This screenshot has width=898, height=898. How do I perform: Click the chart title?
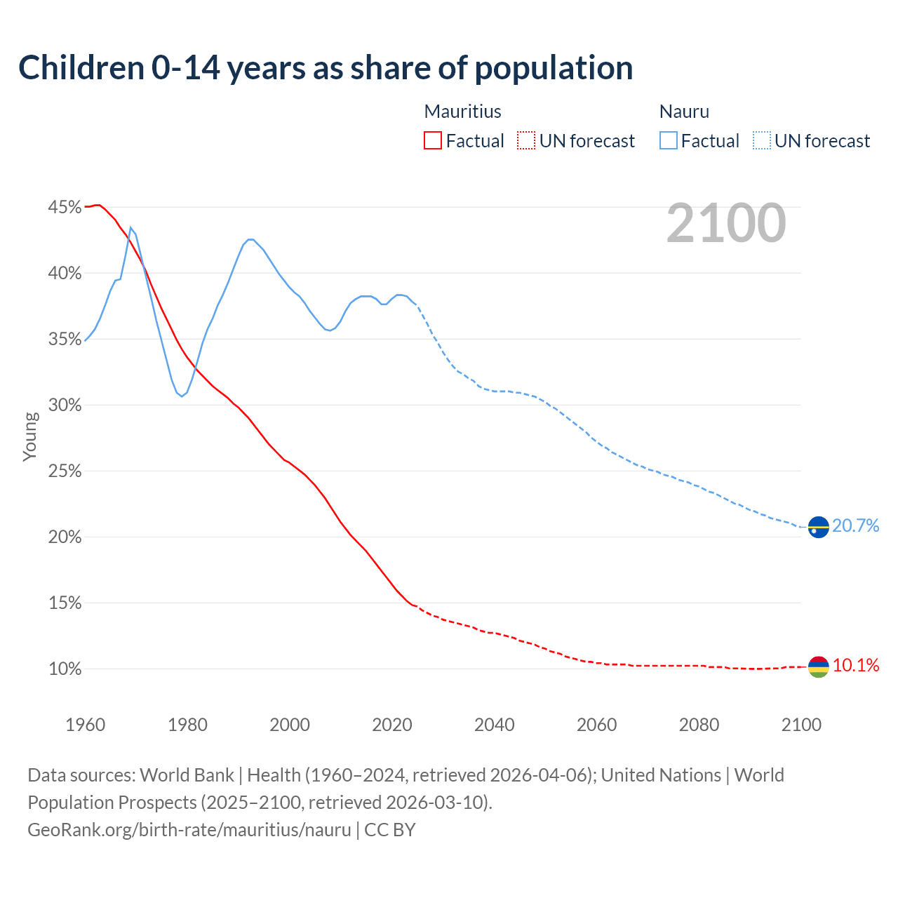pyautogui.click(x=326, y=68)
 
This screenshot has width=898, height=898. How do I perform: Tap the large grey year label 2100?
pyautogui.click(x=725, y=223)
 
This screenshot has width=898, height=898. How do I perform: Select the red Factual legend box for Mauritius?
pyautogui.click(x=433, y=141)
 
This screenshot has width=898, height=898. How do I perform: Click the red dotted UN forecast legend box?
pyautogui.click(x=526, y=141)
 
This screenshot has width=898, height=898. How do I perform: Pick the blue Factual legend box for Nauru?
pyautogui.click(x=668, y=141)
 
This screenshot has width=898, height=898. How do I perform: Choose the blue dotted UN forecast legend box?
pyautogui.click(x=761, y=141)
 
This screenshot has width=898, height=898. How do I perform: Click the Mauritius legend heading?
pyautogui.click(x=462, y=112)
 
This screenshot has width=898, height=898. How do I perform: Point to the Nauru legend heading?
pyautogui.click(x=684, y=112)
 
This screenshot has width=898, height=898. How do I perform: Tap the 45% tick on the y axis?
pyautogui.click(x=65, y=208)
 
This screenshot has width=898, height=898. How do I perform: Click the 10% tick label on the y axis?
pyautogui.click(x=65, y=669)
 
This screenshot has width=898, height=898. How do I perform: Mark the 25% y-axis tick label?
pyautogui.click(x=65, y=471)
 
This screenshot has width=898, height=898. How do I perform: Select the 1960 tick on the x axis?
pyautogui.click(x=85, y=725)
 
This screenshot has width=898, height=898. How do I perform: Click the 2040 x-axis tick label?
pyautogui.click(x=494, y=725)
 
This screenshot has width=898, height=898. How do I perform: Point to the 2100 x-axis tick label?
pyautogui.click(x=800, y=725)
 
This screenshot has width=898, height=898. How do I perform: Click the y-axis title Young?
pyautogui.click(x=30, y=436)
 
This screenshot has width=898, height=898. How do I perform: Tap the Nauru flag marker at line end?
pyautogui.click(x=818, y=527)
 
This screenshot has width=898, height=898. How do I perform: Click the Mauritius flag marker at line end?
pyautogui.click(x=818, y=666)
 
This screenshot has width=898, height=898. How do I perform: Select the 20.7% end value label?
pyautogui.click(x=855, y=526)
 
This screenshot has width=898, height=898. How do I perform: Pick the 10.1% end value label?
pyautogui.click(x=855, y=666)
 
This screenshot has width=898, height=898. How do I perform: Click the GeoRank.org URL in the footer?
pyautogui.click(x=189, y=830)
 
